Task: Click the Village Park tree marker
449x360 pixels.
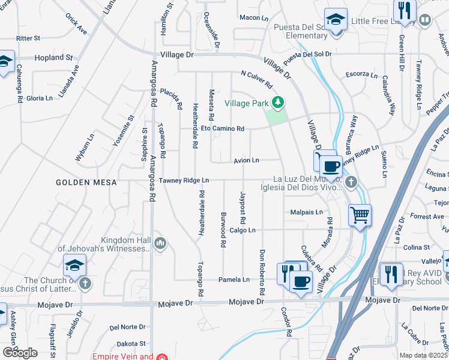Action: [277, 103]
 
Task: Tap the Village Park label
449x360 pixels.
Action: [247, 103]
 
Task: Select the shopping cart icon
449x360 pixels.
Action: [360, 214]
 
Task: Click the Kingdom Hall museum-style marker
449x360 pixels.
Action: [160, 243]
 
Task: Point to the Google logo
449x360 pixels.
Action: [20, 353]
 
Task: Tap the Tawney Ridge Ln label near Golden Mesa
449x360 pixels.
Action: [188, 180]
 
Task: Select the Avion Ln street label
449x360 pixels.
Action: [246, 160]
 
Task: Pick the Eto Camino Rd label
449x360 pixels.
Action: [223, 128]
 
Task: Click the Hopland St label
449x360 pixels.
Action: [53, 58]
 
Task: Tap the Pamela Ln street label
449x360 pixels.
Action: [234, 280]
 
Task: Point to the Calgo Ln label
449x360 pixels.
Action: [243, 230]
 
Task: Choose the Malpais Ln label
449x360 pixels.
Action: [306, 212]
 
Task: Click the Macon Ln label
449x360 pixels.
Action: [254, 18]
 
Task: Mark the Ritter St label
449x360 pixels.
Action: [28, 38]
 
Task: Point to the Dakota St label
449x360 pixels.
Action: [131, 344]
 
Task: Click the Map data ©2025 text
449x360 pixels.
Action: [424, 355]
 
